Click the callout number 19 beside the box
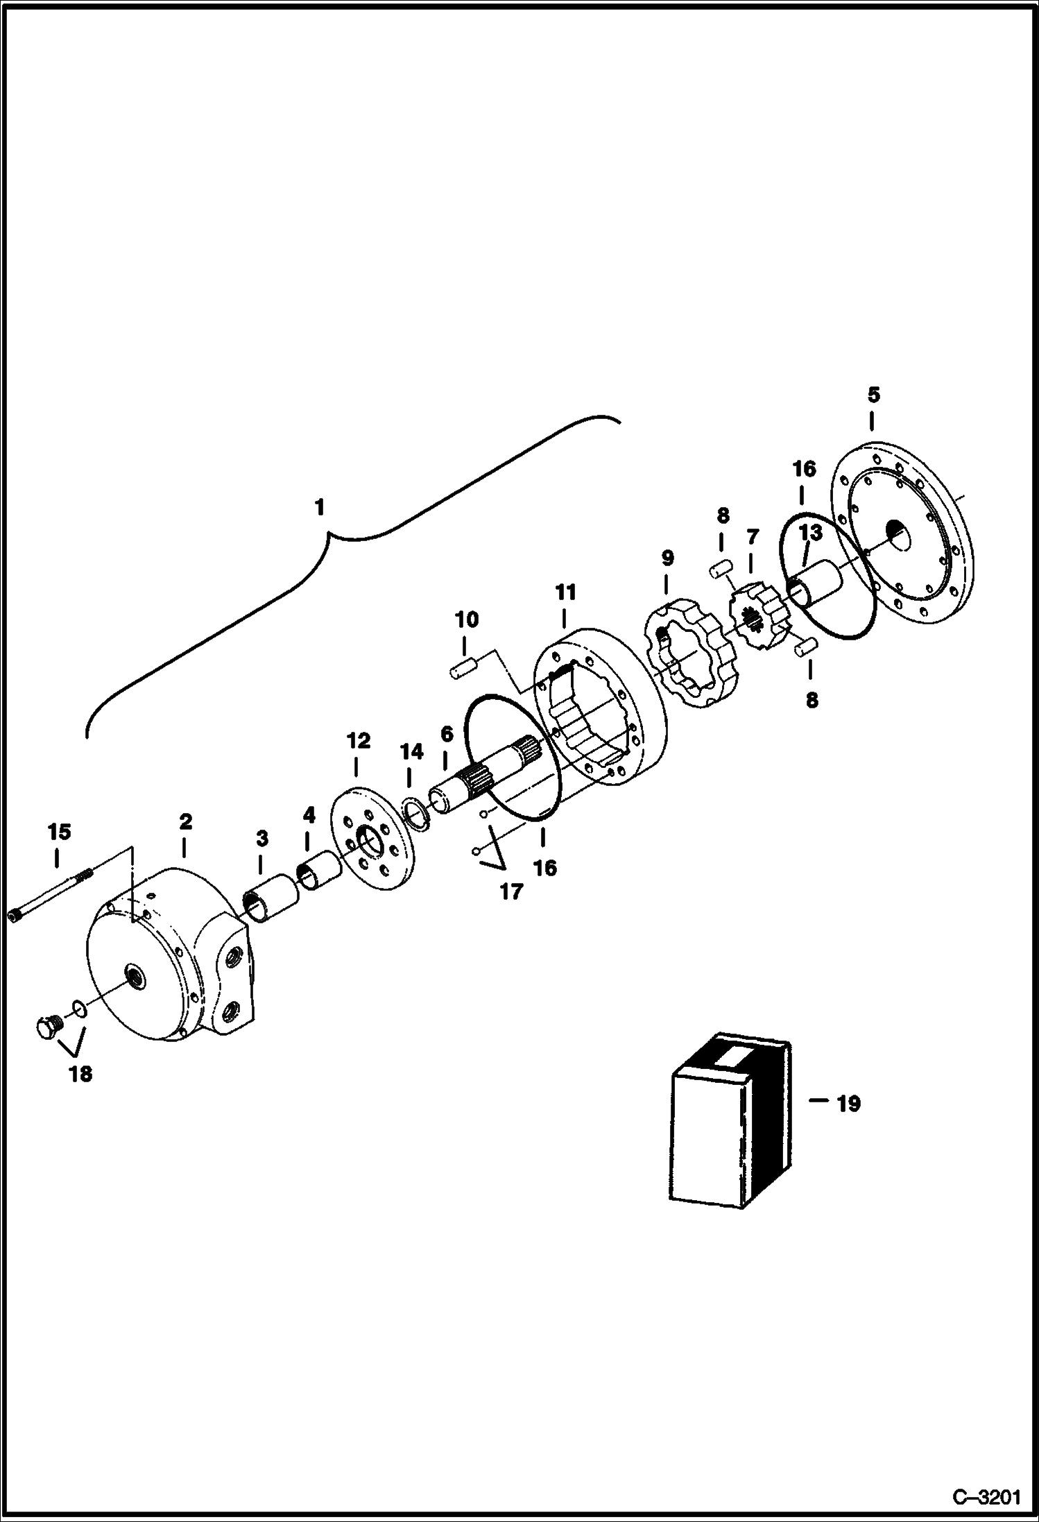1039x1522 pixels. (848, 1104)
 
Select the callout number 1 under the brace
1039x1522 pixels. (319, 508)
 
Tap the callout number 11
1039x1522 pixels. (565, 592)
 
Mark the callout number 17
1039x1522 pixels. (511, 891)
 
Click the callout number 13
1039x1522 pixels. (811, 533)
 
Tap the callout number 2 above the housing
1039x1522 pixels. (184, 821)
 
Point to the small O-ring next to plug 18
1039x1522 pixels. (79, 1007)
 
